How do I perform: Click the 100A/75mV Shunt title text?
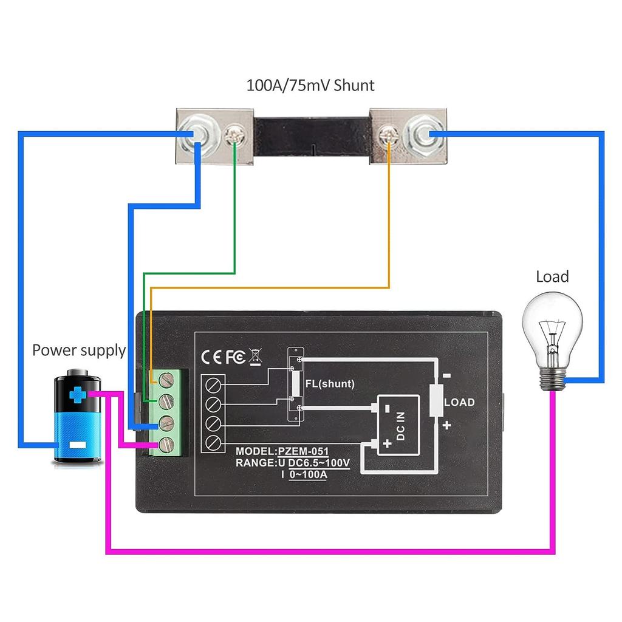click(310, 85)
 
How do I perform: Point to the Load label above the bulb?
click(552, 277)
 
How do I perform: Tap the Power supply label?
click(79, 350)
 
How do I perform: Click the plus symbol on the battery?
click(77, 396)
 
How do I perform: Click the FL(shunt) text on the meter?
click(330, 384)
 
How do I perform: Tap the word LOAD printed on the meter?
click(460, 403)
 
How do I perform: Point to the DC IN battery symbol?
click(398, 424)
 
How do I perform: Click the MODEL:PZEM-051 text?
click(282, 451)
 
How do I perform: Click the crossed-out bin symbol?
click(255, 357)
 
